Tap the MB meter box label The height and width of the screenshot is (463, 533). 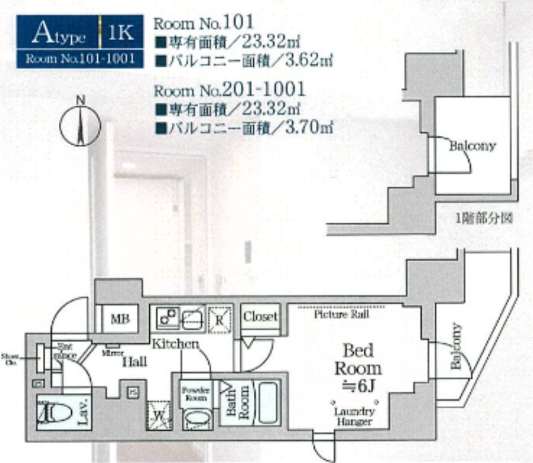(120, 319)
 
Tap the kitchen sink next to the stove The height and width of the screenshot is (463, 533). (194, 317)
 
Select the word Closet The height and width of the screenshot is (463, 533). (261, 317)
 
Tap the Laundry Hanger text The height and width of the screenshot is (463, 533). (353, 416)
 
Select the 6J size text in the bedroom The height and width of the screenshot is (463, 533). (358, 387)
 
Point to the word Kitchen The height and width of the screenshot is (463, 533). (175, 343)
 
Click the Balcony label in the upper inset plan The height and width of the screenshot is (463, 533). (473, 146)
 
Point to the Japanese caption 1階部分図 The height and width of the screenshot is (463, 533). (484, 219)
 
